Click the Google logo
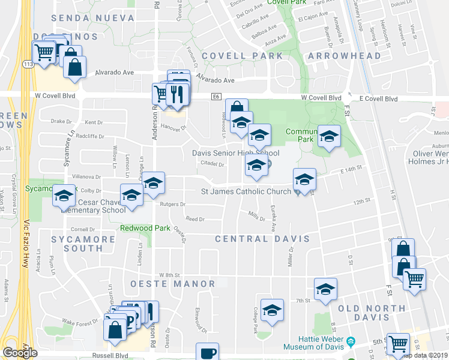(20, 353)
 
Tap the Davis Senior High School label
(236, 153)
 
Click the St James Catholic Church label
(246, 192)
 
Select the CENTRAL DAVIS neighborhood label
(263, 239)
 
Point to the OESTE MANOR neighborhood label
(171, 284)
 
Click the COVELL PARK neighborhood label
(242, 56)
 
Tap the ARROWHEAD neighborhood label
(344, 56)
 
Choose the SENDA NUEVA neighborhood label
(93, 18)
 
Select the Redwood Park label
(145, 228)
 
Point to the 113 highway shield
(27, 64)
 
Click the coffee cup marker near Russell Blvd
(208, 352)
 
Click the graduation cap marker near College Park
(272, 310)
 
